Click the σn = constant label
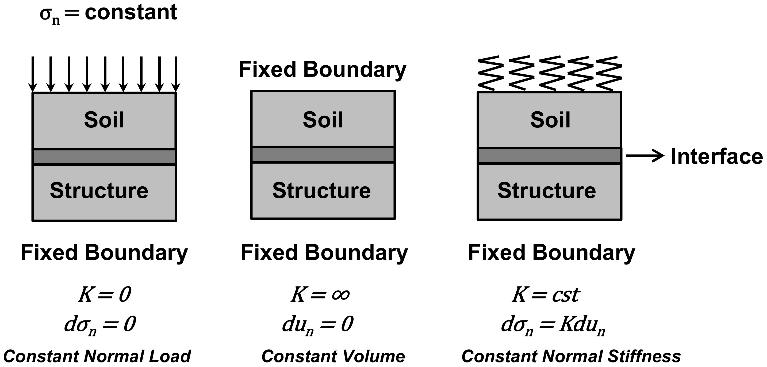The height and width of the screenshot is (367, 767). (x=108, y=14)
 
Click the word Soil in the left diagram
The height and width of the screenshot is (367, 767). (x=104, y=120)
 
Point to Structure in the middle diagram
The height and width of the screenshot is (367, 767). (x=321, y=191)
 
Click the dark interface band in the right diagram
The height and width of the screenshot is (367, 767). (x=549, y=156)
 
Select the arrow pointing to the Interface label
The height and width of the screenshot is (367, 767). (x=645, y=156)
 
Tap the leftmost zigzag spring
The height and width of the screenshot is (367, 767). (x=490, y=73)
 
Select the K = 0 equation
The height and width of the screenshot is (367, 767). (x=105, y=295)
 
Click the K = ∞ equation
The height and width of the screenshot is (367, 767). (x=320, y=295)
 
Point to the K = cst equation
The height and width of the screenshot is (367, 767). (x=546, y=295)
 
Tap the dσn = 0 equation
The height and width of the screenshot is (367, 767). (x=100, y=325)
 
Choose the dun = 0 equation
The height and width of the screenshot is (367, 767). (x=317, y=325)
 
